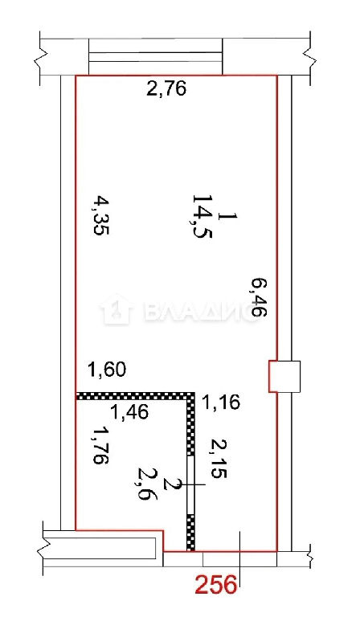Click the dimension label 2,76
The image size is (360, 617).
(166, 89)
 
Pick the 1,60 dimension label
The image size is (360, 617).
(106, 370)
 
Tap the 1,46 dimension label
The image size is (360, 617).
(129, 412)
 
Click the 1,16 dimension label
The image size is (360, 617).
(221, 402)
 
